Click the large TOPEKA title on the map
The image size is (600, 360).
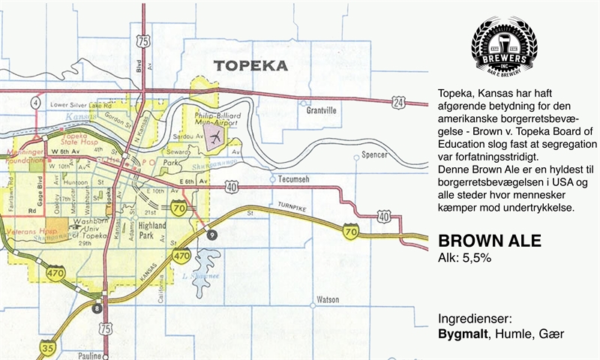click(250, 65)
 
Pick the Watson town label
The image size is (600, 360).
click(328, 299)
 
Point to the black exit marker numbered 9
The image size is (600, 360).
click(212, 235)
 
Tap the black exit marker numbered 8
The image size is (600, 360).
click(96, 307)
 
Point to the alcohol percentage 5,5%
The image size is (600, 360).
click(474, 259)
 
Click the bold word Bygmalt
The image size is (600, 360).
click(461, 333)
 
